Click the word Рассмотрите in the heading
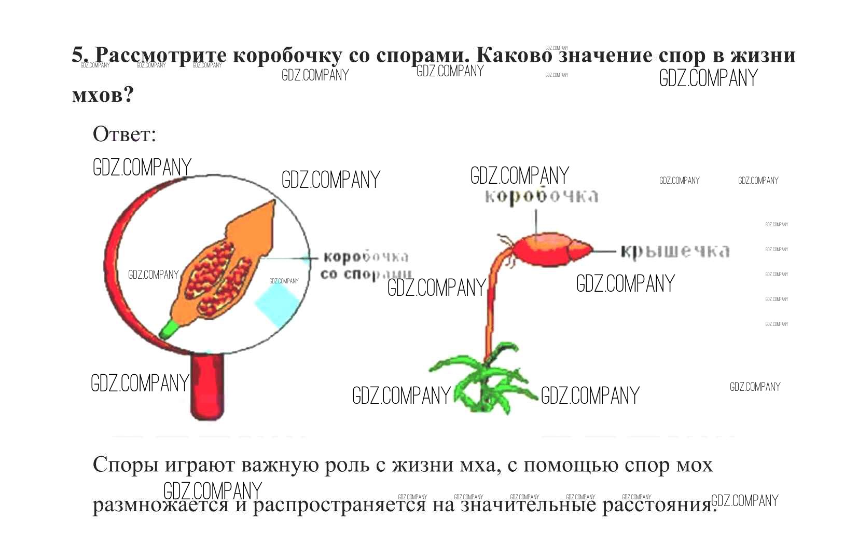161,56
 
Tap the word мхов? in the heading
103,95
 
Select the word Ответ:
124,134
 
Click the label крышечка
675,251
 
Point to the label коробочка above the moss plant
541,196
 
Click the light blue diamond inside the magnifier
278,304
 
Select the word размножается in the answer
160,505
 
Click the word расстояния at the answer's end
659,505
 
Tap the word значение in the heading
605,56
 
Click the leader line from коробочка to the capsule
536,221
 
